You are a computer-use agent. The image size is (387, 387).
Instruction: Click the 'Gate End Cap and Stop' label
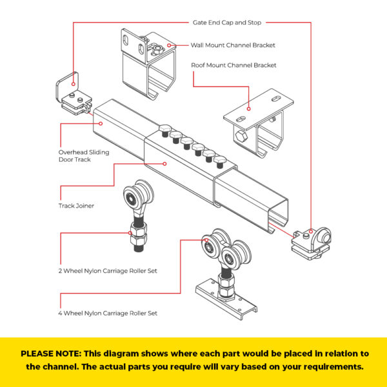[227, 22]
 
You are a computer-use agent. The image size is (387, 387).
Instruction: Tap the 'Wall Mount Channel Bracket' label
[233, 45]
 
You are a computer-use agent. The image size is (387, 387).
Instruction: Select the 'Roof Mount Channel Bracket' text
[233, 65]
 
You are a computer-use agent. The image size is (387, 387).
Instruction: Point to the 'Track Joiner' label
[76, 206]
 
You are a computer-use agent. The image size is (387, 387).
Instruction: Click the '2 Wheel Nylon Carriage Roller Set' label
[108, 270]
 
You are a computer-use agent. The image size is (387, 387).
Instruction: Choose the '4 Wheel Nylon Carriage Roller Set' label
[108, 313]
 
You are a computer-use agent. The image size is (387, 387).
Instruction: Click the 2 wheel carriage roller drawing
[137, 213]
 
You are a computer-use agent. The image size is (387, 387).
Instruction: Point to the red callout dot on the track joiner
[165, 164]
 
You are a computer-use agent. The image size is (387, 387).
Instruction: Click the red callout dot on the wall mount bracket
[169, 45]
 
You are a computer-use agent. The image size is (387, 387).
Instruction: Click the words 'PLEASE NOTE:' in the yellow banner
[50, 353]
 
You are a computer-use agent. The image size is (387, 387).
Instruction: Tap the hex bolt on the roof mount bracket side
[240, 137]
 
